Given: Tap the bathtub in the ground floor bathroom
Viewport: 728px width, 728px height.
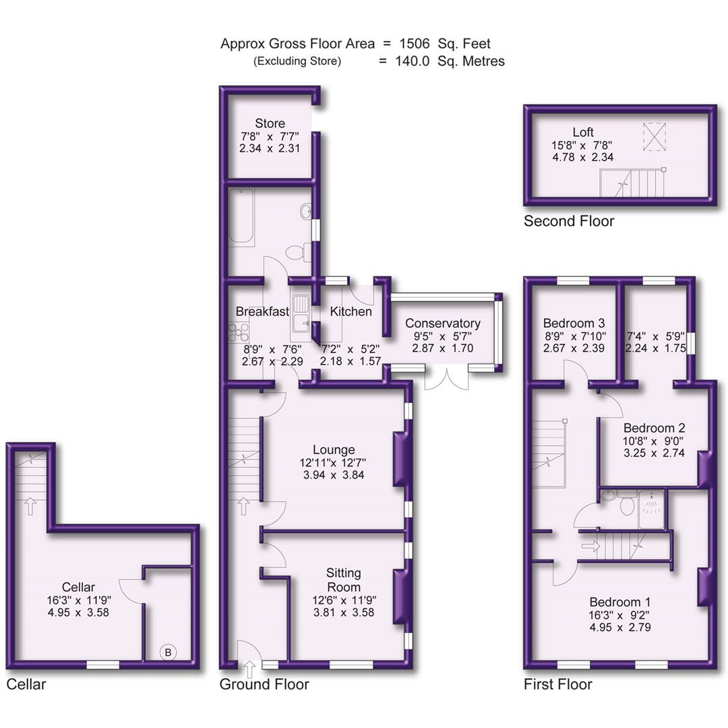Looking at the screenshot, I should click(241, 216).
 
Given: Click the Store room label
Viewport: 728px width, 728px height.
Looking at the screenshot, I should click(270, 123).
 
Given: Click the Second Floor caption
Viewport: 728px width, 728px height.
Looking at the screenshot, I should click(569, 221).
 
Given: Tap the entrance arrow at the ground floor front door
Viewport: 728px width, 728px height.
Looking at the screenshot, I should click(249, 669).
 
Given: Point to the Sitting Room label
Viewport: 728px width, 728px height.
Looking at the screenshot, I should click(343, 580).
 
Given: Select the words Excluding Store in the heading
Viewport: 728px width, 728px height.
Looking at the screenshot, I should click(297, 61).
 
